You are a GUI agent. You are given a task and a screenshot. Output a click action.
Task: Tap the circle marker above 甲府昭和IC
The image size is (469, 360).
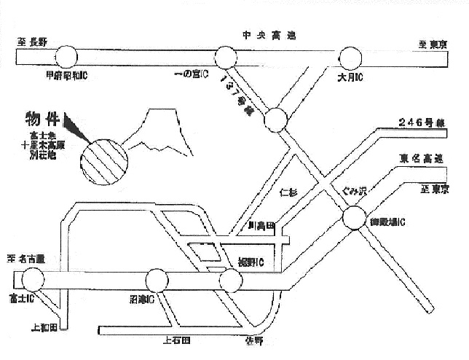tap(66, 55)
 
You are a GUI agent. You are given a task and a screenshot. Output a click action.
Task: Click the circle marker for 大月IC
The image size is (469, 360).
tap(350, 56)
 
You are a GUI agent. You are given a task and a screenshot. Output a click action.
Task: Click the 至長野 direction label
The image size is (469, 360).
tap(31, 42)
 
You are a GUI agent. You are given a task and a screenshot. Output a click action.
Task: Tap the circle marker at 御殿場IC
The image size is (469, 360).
tap(354, 216)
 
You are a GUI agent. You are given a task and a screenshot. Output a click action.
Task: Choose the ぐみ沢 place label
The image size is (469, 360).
tap(356, 192)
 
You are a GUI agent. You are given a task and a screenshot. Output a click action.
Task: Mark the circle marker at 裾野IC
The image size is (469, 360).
tap(230, 280)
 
